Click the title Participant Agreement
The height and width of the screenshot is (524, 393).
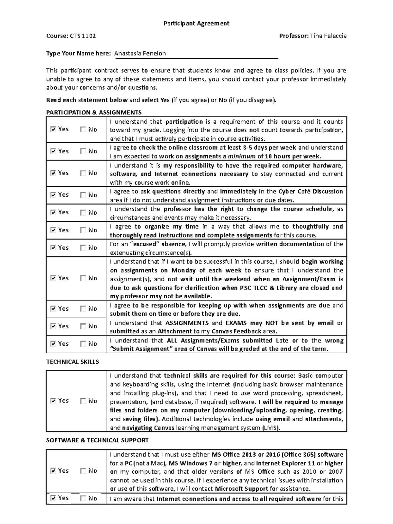click(196, 23)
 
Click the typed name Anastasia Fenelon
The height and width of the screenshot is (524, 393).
click(140, 53)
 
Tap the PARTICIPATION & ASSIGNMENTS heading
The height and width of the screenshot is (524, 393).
click(94, 113)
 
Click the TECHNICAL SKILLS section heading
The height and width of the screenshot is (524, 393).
click(72, 362)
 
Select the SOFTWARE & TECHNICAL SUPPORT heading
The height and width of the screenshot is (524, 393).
click(97, 440)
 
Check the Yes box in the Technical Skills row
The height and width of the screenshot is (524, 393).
click(53, 401)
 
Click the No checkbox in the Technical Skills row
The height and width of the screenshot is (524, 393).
click(83, 401)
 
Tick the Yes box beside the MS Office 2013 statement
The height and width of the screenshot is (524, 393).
click(53, 471)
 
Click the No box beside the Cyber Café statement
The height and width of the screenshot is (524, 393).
click(83, 195)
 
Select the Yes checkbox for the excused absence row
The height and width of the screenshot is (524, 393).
click(53, 248)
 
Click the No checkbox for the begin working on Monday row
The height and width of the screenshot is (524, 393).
click(83, 278)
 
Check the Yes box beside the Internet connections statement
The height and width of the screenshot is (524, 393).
click(53, 498)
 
